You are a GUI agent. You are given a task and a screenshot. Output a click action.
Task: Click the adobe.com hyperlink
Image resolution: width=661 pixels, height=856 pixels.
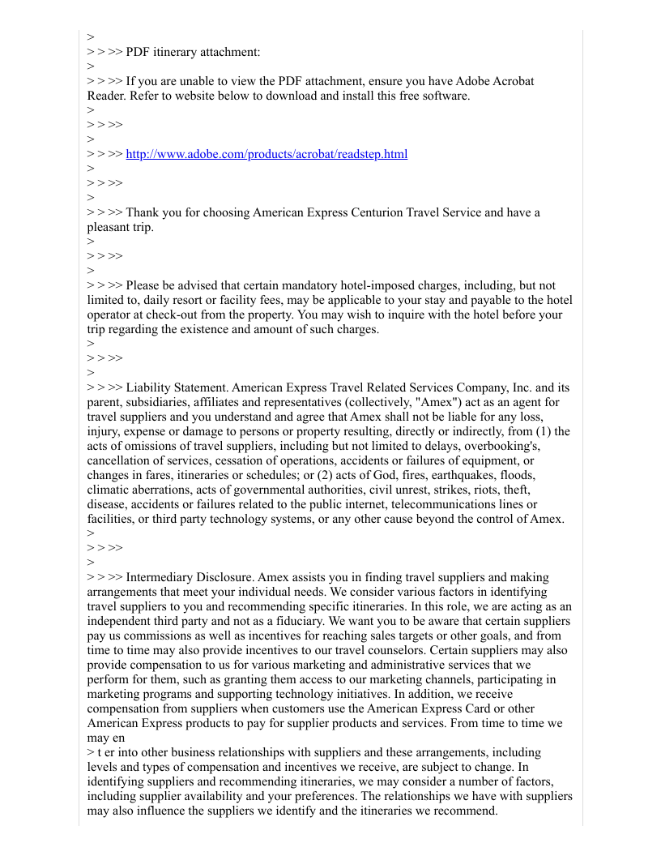coord(267,154)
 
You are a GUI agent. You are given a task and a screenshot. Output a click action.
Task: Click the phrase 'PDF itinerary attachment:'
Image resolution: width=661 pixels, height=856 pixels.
coord(194,52)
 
